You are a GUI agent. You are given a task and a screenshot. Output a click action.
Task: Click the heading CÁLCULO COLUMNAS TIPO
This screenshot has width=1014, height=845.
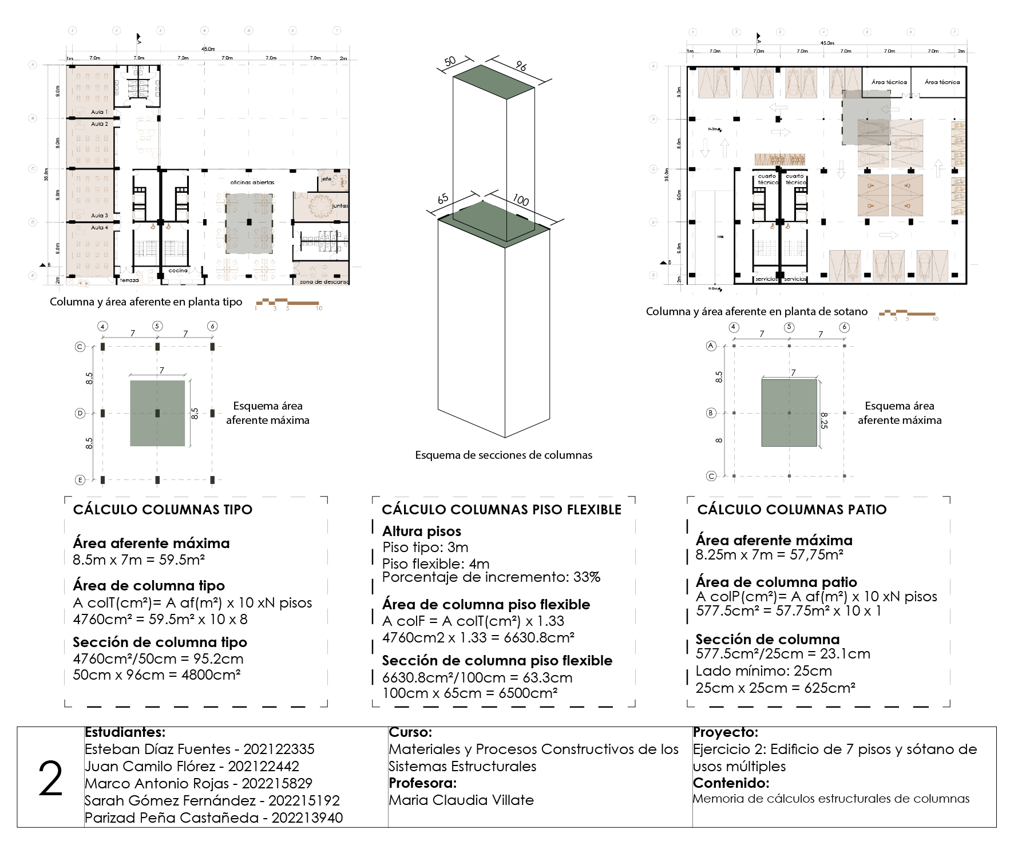coord(163,510)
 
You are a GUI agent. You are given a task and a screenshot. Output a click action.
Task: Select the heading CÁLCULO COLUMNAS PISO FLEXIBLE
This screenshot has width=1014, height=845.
coord(501,510)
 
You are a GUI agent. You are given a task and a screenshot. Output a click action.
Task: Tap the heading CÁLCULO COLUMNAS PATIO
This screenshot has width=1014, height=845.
coord(791,510)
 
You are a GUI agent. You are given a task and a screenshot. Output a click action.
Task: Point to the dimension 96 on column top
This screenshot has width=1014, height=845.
coord(521,66)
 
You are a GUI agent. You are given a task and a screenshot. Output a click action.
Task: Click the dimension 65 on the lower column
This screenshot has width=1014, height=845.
coord(443,199)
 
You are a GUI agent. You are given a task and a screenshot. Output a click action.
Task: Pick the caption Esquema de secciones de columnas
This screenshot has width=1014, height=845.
coord(504,455)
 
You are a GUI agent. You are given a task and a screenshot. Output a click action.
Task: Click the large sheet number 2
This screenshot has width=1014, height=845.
coord(50,779)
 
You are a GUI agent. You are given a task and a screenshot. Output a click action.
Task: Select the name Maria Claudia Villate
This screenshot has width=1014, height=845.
coord(461,800)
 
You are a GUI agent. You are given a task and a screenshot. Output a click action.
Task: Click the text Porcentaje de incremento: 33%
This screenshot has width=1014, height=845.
coord(491,577)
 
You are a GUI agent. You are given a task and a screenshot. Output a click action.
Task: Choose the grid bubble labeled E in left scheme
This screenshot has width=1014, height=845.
coord(80,480)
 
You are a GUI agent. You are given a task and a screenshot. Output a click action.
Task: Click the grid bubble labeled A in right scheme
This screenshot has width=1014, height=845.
coord(711,346)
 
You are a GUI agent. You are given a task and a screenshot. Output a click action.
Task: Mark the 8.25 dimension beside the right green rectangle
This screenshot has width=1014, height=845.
coord(824,420)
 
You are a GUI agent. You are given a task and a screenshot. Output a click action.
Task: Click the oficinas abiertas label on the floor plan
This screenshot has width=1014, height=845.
coord(252,183)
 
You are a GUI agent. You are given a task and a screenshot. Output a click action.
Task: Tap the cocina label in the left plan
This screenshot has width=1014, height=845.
coord(178,271)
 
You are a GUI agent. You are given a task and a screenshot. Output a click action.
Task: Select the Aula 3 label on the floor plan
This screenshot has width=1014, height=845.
coord(99,216)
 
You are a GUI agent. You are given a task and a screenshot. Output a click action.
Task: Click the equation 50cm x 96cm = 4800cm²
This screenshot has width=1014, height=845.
coord(156,675)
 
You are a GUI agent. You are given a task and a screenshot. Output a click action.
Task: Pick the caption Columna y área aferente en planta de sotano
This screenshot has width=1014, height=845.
coord(756,312)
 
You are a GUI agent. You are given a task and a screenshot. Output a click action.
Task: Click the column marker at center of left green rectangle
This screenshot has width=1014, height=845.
coord(157,413)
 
